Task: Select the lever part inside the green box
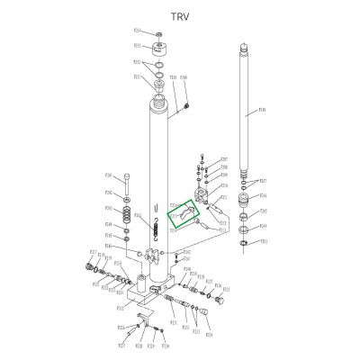coord(186,216)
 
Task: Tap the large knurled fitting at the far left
coord(87,267)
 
